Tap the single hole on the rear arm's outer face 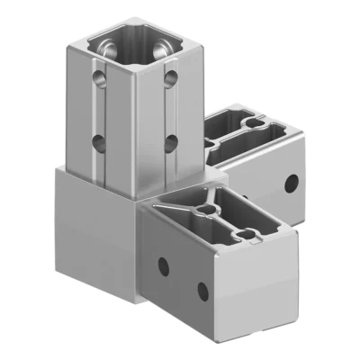290,184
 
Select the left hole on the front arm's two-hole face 163,265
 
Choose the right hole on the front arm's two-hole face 203,289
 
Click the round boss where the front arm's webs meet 209,209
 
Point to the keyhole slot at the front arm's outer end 241,237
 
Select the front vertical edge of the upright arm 134,117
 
